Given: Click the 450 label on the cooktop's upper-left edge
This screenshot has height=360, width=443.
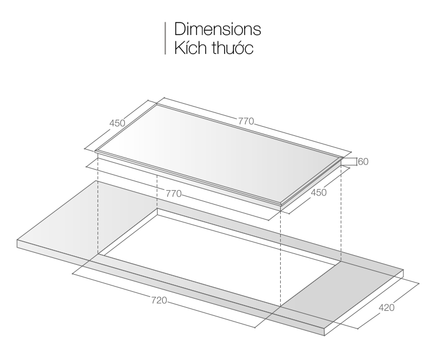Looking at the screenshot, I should point(117,123).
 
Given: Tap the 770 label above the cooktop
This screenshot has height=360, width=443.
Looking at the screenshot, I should point(245,122).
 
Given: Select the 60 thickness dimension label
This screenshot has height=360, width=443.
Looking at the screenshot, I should point(363,162).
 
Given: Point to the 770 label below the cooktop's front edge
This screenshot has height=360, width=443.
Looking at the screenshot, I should point(173,194).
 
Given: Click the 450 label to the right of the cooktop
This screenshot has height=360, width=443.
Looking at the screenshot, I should point(317,193).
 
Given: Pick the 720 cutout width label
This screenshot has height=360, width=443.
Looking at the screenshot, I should point(159,300).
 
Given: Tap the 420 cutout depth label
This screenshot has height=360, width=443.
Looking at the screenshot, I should point(387,308).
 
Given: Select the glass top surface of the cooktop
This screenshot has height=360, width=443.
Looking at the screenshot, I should point(224,152).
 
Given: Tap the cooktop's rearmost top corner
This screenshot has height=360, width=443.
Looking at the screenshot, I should point(159,101).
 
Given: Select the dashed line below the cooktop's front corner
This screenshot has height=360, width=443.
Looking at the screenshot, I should point(280,258).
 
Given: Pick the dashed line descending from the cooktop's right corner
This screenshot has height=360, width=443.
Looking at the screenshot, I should point(342,212).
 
